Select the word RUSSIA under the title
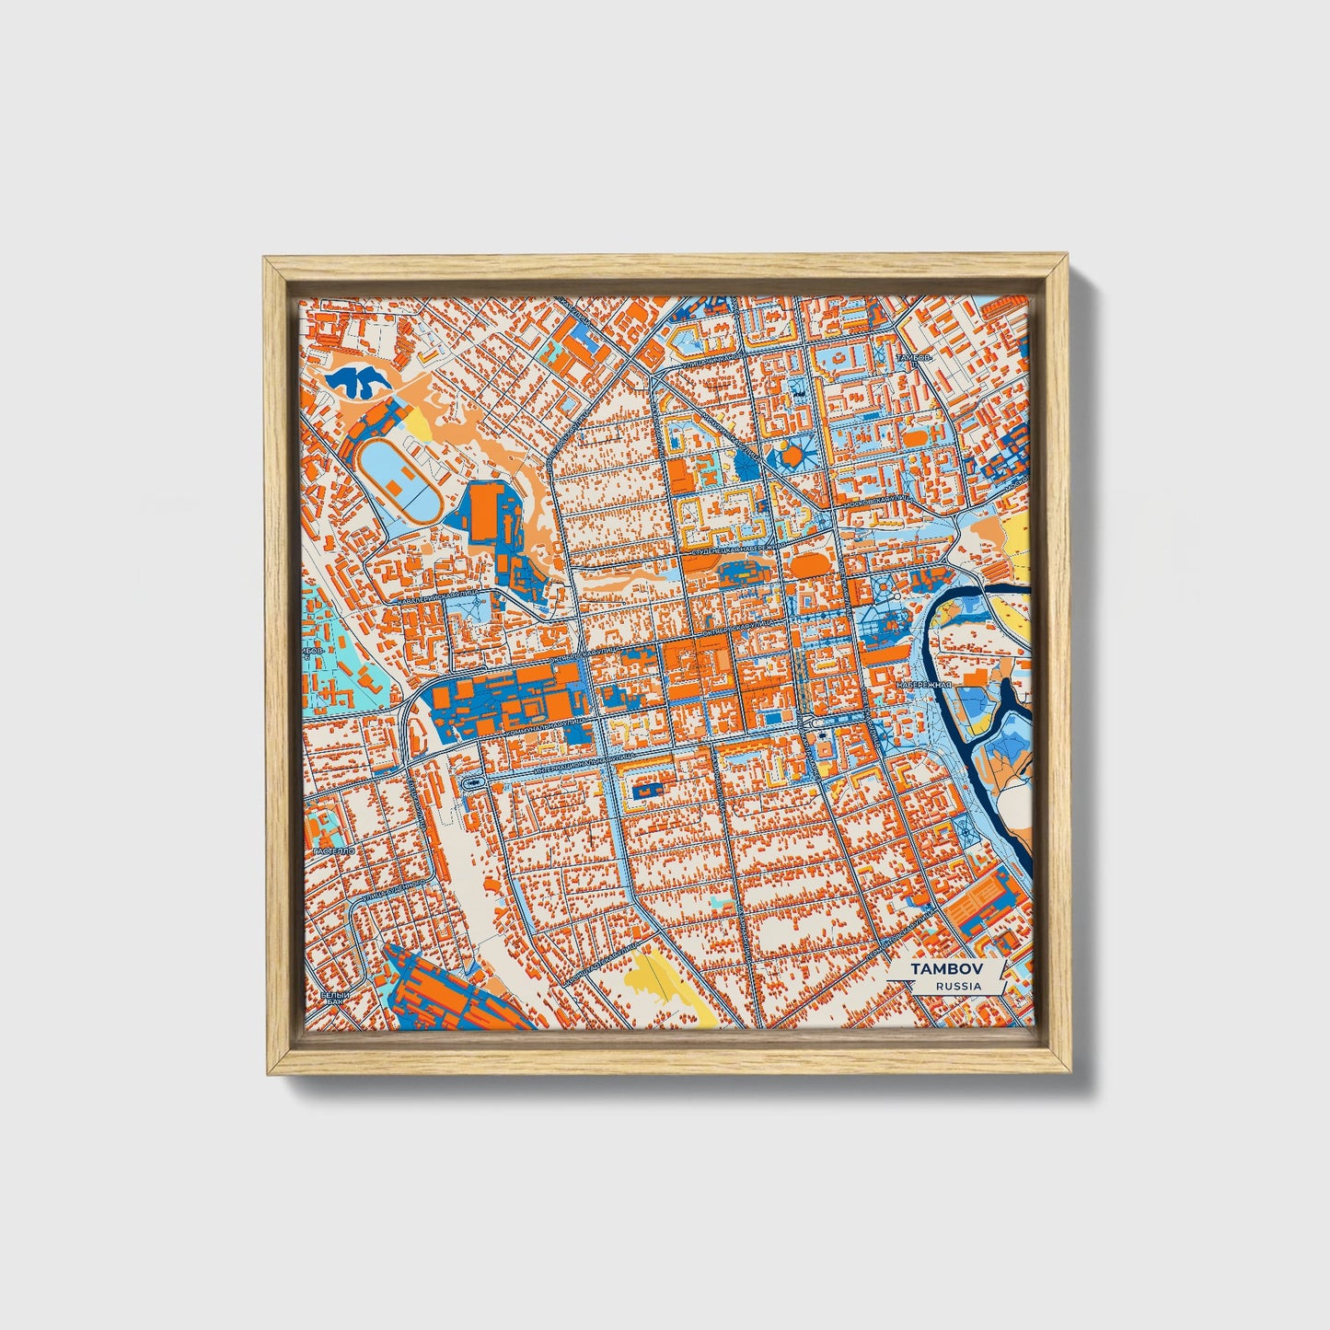(957, 986)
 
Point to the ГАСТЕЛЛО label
(333, 852)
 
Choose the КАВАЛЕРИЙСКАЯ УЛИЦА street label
(437, 598)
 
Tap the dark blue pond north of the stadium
(359, 379)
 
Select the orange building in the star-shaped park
(792, 456)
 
